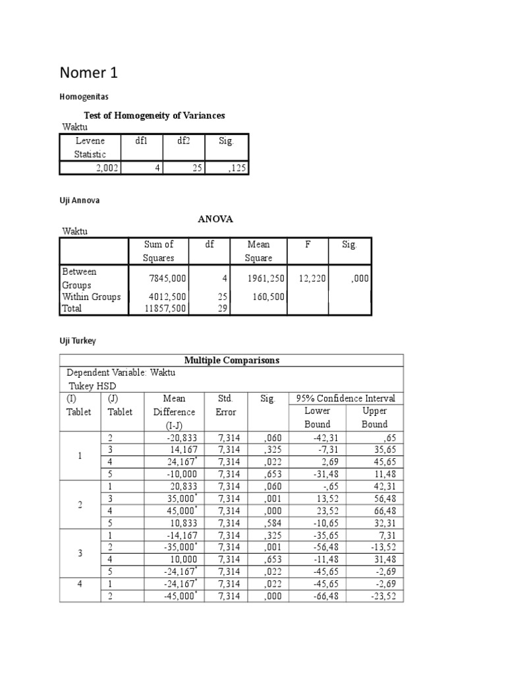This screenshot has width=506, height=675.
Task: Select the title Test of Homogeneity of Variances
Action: click(x=154, y=115)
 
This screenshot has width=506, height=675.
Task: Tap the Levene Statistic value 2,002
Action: click(x=105, y=168)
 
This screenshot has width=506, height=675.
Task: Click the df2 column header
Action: click(x=183, y=141)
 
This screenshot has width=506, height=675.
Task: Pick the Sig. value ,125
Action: click(x=235, y=168)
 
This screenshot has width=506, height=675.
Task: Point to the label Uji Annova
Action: click(x=80, y=200)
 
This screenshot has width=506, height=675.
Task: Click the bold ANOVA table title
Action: click(x=215, y=220)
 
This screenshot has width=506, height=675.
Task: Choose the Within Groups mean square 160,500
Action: click(x=267, y=297)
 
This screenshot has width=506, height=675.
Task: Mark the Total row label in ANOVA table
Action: click(x=73, y=308)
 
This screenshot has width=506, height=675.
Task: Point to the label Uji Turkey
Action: click(x=78, y=340)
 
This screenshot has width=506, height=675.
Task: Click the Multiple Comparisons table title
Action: click(x=231, y=360)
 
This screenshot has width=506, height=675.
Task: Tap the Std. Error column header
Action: click(x=225, y=405)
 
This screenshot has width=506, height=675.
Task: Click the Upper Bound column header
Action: click(x=374, y=417)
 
